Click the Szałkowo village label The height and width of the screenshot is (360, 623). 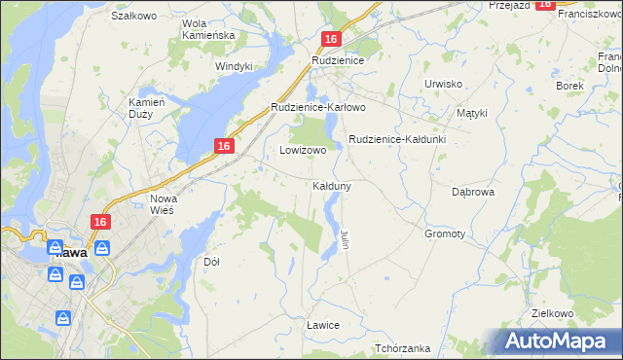(x=133, y=17)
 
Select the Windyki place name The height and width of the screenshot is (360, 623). (x=234, y=66)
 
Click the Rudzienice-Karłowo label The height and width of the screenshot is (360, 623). (x=317, y=107)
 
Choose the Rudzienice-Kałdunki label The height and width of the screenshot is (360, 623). (x=396, y=139)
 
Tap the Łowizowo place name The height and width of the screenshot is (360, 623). (x=303, y=151)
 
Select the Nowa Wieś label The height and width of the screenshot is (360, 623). (x=163, y=206)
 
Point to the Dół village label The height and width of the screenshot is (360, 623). (x=211, y=262)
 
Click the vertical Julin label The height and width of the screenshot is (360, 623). (x=345, y=238)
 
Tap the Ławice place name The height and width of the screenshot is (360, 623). (x=321, y=324)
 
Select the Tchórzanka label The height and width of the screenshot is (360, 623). (x=402, y=348)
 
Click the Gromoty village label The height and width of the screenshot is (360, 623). (x=445, y=234)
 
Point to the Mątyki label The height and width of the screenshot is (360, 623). (x=471, y=113)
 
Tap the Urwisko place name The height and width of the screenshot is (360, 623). (x=443, y=84)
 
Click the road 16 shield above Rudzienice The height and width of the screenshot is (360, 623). (x=331, y=39)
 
